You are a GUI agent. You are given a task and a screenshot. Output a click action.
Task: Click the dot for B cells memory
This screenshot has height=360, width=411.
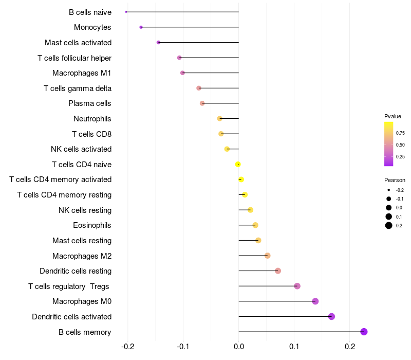(364, 332)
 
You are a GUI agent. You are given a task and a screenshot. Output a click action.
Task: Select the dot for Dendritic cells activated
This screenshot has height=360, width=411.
(331, 316)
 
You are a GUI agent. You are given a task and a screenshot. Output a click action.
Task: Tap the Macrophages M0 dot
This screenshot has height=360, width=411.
(315, 301)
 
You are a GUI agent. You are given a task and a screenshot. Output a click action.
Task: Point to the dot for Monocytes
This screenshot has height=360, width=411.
(141, 27)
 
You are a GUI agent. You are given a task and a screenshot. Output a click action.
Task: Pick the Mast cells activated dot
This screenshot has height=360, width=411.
(158, 42)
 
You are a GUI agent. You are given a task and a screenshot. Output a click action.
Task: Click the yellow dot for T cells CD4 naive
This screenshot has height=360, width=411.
(237, 164)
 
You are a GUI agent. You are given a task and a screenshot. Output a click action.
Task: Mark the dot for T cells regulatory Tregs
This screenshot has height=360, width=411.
(297, 286)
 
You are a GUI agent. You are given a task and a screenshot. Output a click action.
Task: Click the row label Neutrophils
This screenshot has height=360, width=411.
(92, 119)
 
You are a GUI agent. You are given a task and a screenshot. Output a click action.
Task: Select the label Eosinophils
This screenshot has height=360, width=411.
(92, 225)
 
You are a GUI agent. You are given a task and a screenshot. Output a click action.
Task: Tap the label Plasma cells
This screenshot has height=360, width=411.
(90, 103)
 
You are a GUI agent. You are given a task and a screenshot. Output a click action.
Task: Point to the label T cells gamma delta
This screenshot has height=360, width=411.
(78, 88)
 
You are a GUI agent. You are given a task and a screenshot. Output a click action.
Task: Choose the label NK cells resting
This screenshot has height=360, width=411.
(85, 210)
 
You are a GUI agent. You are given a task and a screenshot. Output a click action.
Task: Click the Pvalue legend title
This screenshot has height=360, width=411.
(393, 116)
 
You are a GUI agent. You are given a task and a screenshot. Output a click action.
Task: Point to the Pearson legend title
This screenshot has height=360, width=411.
(395, 181)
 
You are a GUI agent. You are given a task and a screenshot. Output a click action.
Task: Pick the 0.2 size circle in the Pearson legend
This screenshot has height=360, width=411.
(389, 225)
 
